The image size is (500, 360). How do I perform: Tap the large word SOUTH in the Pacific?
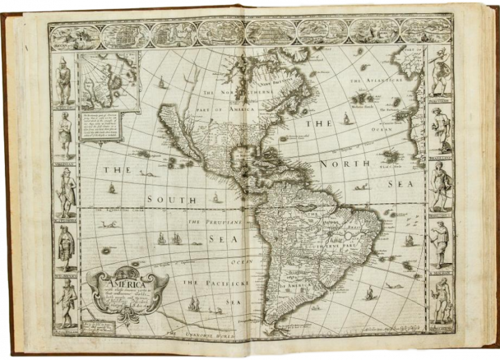pos(167,199)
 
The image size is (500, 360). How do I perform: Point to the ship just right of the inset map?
pos(162,82)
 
